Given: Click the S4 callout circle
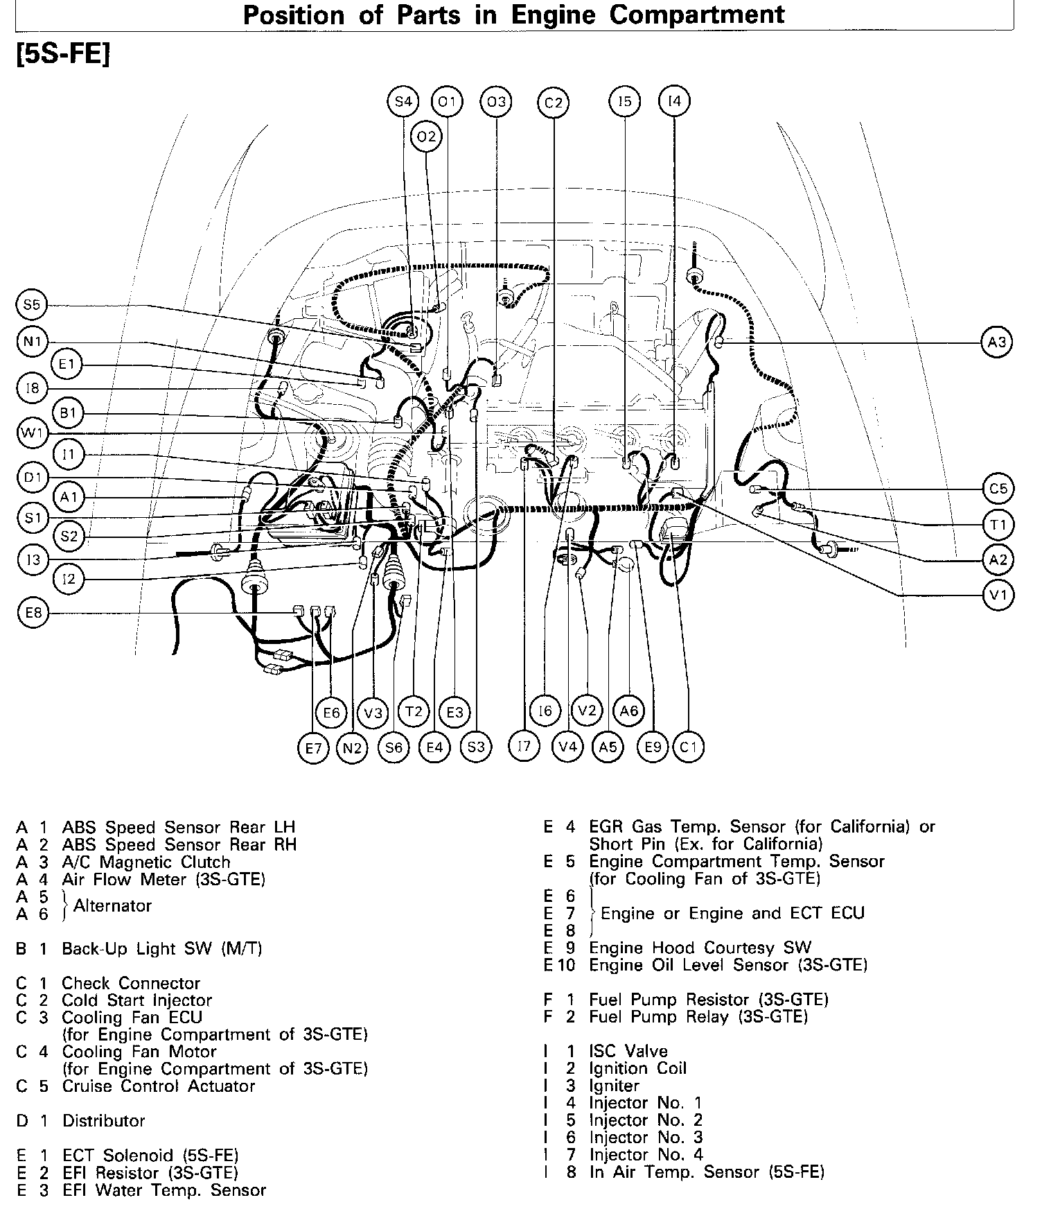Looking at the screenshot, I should click(403, 102).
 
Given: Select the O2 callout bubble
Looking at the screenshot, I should click(426, 137).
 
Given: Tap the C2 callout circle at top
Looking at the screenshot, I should click(553, 103).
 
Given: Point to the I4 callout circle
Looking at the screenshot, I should click(674, 101).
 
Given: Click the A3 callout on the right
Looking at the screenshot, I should click(997, 342).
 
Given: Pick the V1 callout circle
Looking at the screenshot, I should click(998, 595).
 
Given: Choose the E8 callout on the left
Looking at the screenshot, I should click(33, 613).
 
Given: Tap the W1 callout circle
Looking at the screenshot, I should click(33, 434).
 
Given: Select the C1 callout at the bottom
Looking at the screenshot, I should click(689, 747).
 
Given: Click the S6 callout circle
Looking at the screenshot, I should click(394, 747).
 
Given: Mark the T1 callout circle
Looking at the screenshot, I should click(998, 525).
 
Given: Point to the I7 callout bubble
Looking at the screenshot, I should click(524, 746).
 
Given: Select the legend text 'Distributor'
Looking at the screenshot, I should click(103, 1121).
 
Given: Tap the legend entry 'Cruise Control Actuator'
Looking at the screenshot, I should click(158, 1086).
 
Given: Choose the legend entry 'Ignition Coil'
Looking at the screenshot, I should click(637, 1068).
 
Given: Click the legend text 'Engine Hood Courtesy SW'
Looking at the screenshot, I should click(700, 948).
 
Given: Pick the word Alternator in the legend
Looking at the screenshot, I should click(112, 905).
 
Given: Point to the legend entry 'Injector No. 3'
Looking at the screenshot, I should click(646, 1137).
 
